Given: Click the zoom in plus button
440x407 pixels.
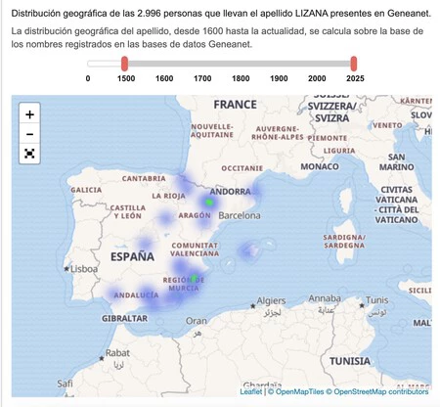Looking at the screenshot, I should pyautogui.click(x=29, y=113).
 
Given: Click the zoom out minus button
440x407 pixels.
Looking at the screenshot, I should pyautogui.click(x=29, y=133).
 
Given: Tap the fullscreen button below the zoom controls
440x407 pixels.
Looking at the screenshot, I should pyautogui.click(x=29, y=153).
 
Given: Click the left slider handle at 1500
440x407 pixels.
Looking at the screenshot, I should pyautogui.click(x=125, y=63).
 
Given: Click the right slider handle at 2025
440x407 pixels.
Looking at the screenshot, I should pyautogui.click(x=354, y=63).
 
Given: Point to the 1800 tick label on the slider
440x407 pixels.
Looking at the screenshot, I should pyautogui.click(x=241, y=78).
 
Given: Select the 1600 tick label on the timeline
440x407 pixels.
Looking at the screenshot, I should pyautogui.click(x=164, y=78).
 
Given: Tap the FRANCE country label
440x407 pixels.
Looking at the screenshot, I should pyautogui.click(x=235, y=105).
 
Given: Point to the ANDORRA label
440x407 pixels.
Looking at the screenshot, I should pyautogui.click(x=231, y=192).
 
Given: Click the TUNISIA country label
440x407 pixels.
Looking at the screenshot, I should pyautogui.click(x=375, y=360).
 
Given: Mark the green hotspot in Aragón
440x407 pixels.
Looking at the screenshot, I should pyautogui.click(x=208, y=203).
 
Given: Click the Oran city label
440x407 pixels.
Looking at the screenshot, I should pyautogui.click(x=198, y=319).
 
